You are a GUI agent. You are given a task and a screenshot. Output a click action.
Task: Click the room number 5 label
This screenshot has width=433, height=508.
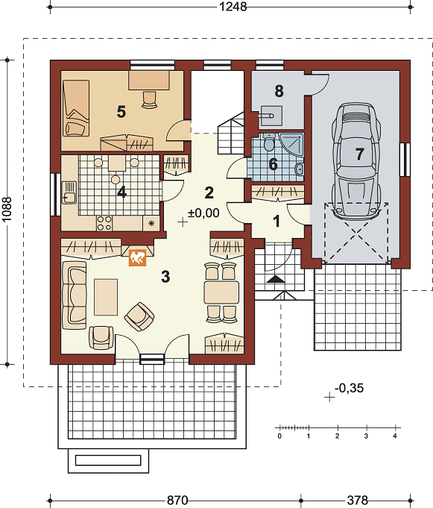(121, 112)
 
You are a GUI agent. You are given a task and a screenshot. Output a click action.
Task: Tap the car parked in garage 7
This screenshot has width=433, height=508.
(356, 161)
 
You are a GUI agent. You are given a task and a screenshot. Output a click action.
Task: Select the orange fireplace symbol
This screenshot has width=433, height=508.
(138, 257)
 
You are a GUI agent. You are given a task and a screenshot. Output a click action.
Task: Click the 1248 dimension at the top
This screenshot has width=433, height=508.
(233, 7)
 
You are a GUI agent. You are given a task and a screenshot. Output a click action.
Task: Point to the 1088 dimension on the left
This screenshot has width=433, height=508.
(7, 210)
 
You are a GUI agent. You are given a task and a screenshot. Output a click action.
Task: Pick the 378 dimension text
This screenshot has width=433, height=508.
(358, 501)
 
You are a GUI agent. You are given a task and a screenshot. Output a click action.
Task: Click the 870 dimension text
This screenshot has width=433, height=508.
(177, 501)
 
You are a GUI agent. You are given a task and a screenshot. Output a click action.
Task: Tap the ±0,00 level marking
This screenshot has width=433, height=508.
(203, 213)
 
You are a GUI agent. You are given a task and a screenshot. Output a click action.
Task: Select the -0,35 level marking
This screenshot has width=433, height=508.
(350, 388)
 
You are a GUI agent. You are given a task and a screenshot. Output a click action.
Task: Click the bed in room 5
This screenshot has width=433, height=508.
(76, 108)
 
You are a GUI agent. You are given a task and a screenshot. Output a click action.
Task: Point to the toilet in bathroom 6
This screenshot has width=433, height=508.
(268, 142)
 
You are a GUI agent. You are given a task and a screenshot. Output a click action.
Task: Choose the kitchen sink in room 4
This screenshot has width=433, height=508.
(69, 192)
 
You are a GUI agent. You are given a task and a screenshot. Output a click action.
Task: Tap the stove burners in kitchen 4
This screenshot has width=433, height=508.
(104, 223)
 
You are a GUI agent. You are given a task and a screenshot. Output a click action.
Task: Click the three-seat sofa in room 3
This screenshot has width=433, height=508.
(75, 295)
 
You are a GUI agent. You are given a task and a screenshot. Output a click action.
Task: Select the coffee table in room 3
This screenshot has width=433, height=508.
(106, 297)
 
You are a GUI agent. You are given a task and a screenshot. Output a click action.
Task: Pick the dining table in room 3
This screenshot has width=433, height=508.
(221, 292)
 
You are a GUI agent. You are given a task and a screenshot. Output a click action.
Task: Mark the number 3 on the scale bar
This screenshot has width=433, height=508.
(366, 436)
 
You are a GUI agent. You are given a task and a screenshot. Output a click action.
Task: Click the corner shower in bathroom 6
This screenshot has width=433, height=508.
(291, 145)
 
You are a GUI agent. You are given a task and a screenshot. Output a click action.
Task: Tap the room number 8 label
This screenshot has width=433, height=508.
(279, 91)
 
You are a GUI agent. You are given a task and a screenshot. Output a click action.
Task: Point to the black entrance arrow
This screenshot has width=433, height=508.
(276, 279)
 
